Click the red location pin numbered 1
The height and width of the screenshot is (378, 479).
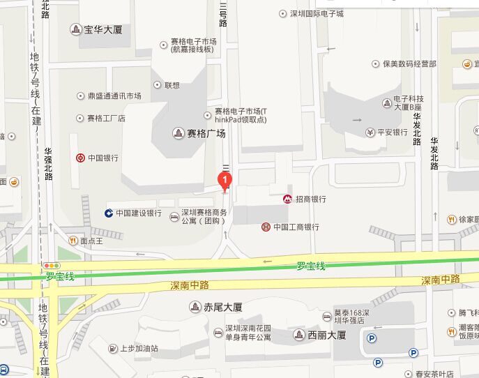coord(225,180)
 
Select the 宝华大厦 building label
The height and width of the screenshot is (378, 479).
coord(102,29)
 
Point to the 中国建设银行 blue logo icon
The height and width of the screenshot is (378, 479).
coord(109,213)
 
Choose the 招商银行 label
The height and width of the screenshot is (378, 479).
coord(309,199)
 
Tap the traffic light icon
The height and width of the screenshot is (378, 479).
coord(51,266)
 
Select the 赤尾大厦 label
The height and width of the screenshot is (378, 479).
coord(222,307)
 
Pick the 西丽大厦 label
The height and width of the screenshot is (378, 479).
coord(326,335)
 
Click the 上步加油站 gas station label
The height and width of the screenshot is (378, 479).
coord(139,348)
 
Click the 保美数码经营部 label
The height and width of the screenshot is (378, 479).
coord(409,63)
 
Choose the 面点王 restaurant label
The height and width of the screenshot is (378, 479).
coord(91,241)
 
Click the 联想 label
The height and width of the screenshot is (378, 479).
coord(172,85)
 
